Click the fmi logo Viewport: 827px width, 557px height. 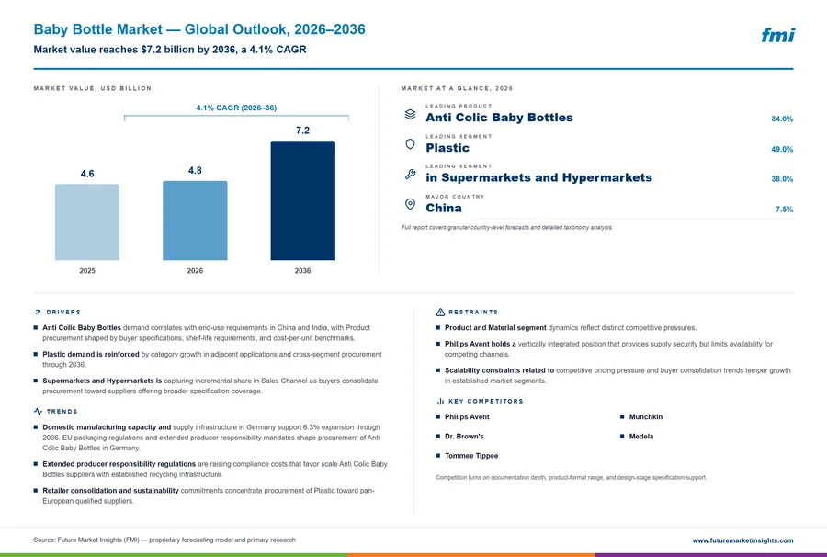[x=778, y=35]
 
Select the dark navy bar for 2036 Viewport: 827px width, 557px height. [x=302, y=200]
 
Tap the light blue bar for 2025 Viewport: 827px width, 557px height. [x=87, y=222]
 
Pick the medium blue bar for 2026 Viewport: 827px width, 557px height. [x=195, y=221]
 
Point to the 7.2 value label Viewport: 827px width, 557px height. [x=302, y=131]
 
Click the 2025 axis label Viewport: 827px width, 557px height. [x=87, y=270]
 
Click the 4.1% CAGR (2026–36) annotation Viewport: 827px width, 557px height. [x=236, y=108]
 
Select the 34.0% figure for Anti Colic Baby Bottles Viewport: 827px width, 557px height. [x=782, y=119]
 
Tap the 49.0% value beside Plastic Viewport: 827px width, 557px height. [x=782, y=149]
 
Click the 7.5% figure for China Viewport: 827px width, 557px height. [x=785, y=210]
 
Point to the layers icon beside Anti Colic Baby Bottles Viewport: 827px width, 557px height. [x=410, y=114]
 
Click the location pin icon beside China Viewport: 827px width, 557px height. [x=410, y=204]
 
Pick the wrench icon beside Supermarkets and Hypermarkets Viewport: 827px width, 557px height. [x=410, y=174]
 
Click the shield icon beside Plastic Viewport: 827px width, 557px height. [x=410, y=144]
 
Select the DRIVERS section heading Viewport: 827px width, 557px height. [x=63, y=313]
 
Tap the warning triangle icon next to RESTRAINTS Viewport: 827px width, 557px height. [x=440, y=313]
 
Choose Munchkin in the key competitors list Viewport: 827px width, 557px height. [x=646, y=416]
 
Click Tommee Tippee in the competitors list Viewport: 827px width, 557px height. [x=471, y=456]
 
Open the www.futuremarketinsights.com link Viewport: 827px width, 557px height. [x=742, y=540]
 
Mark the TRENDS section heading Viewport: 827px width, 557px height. [x=62, y=412]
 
